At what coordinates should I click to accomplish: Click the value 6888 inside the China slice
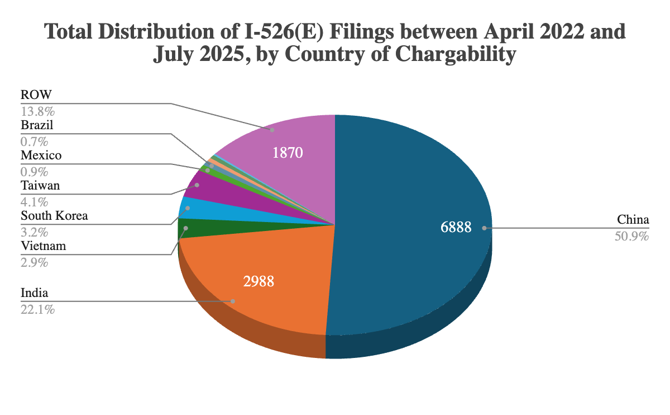tap(456, 227)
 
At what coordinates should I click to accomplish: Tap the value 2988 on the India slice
tap(259, 281)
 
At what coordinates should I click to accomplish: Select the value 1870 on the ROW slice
tap(288, 152)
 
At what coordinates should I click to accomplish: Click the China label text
tap(633, 219)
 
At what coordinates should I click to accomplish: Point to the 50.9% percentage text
tap(631, 237)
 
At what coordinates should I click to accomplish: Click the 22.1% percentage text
tap(37, 309)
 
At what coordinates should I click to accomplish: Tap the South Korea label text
tap(54, 215)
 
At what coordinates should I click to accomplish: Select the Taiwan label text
tap(40, 185)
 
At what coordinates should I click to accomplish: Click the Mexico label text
tap(41, 155)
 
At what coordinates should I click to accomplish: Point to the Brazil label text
tap(37, 125)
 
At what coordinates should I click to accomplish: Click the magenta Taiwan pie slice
tap(207, 187)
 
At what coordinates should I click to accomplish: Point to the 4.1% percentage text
tap(34, 201)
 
